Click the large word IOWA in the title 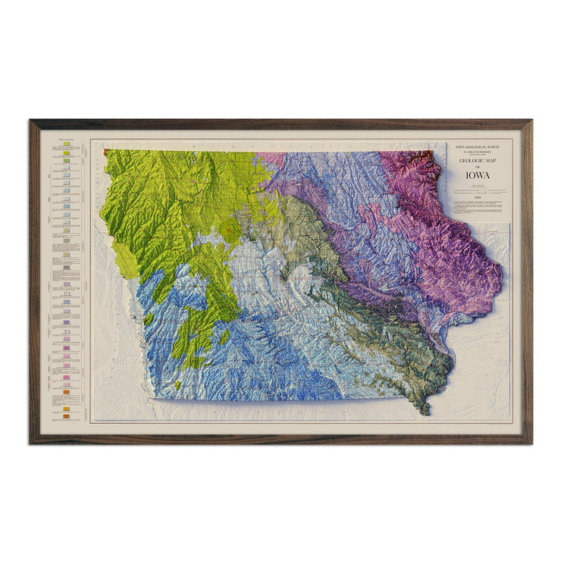478,175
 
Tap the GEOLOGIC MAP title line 478,161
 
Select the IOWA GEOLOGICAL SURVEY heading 478,146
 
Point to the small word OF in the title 478,167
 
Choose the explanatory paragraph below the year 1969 478,206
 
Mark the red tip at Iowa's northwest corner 106,152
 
